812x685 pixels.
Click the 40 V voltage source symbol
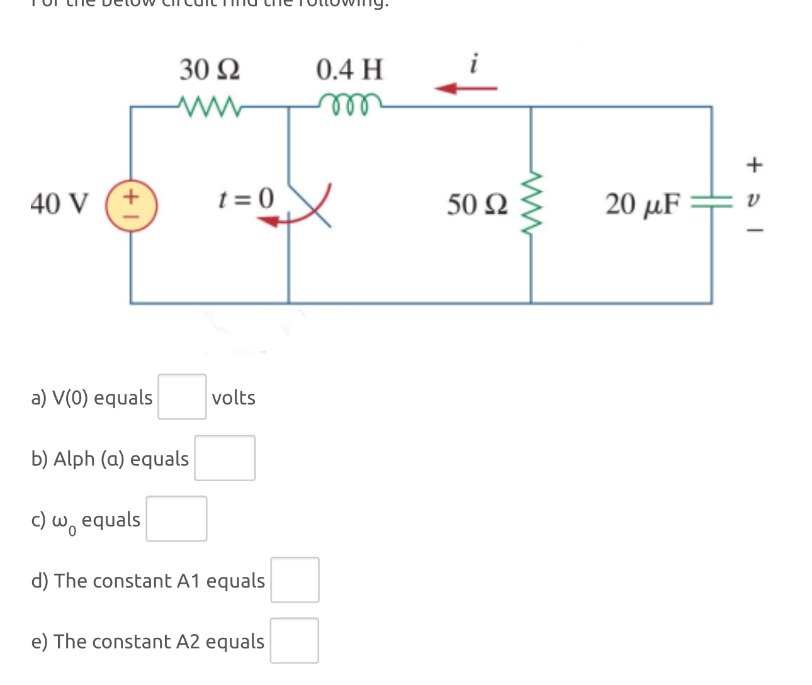tap(131, 206)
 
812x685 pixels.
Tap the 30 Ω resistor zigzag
tap(208, 105)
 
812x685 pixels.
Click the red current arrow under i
tap(466, 88)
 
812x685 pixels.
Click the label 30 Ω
tap(210, 69)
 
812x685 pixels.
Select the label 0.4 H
tap(349, 69)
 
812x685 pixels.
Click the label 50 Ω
tap(477, 204)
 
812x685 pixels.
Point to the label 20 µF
tap(643, 204)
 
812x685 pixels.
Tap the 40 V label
tap(60, 204)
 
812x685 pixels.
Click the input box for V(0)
tap(182, 397)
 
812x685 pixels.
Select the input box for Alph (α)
tap(225, 458)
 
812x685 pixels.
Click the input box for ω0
tap(176, 519)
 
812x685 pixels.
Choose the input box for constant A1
tap(295, 580)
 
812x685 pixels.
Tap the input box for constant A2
tap(294, 640)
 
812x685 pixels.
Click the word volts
tap(234, 398)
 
